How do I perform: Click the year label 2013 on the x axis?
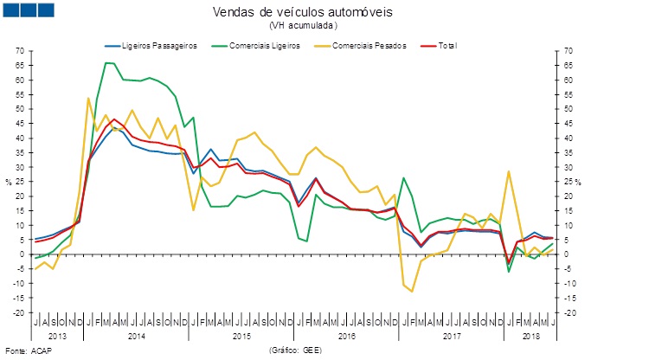(58, 335)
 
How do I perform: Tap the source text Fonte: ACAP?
(27, 352)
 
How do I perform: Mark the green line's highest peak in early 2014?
(108, 62)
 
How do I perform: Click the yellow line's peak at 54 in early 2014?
(88, 98)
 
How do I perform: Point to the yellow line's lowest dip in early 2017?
(412, 292)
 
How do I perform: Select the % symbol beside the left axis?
(9, 182)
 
